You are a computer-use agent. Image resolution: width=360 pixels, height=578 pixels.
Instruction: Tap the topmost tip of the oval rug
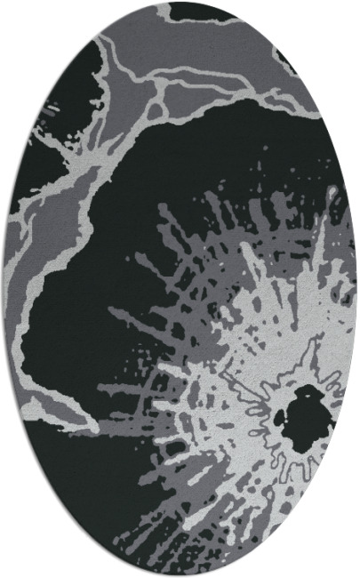[x=180, y=2]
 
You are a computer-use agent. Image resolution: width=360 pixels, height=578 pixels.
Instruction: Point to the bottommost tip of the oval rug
[x=180, y=575]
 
